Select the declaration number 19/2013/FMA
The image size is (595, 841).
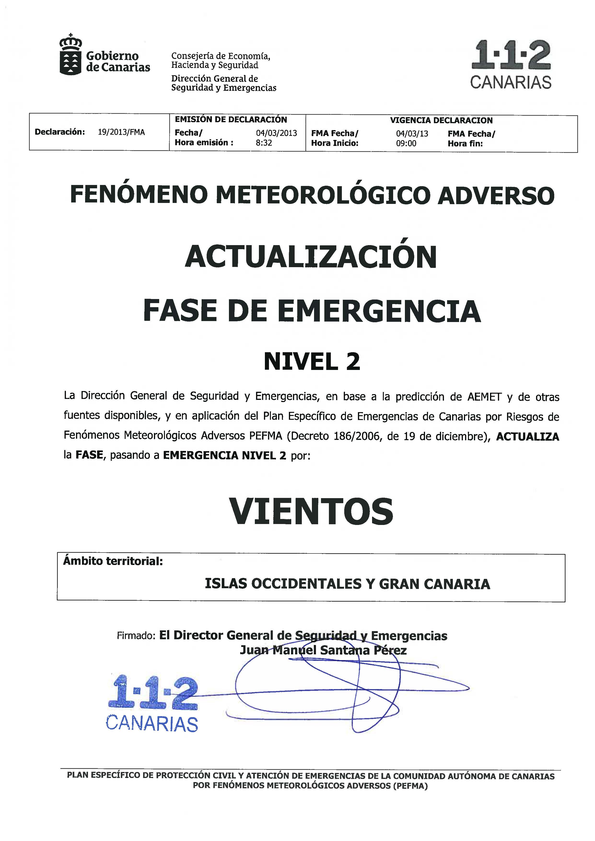click(x=121, y=132)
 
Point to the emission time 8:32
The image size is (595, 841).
click(x=264, y=143)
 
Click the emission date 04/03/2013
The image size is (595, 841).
click(x=276, y=133)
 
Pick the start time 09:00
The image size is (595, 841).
click(x=406, y=143)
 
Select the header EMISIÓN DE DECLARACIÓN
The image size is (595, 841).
click(x=231, y=119)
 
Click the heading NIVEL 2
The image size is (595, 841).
click(x=312, y=362)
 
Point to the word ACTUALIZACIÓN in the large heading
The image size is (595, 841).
click(x=311, y=257)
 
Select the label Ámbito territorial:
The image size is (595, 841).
click(x=113, y=561)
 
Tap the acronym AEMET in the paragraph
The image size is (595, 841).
click(x=484, y=397)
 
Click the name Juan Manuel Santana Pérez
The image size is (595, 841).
click(x=323, y=650)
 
